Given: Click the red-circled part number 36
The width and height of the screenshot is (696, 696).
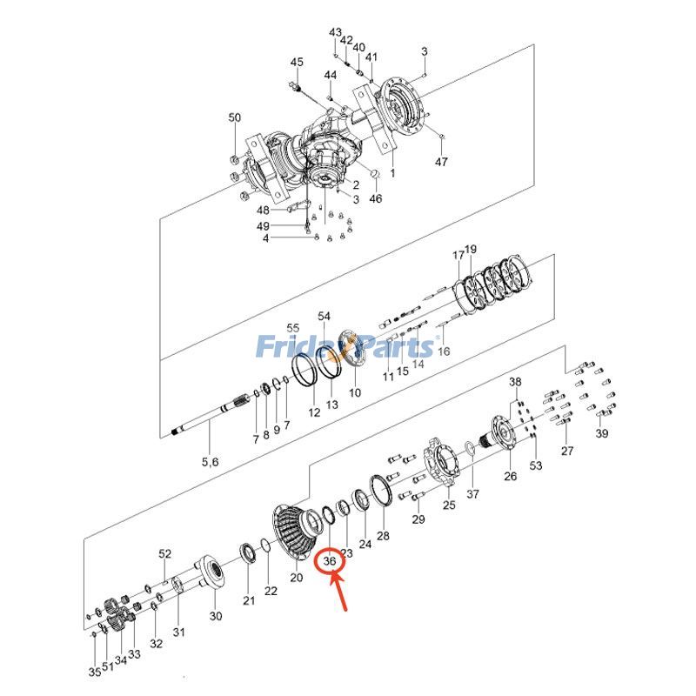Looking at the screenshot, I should pyautogui.click(x=330, y=562).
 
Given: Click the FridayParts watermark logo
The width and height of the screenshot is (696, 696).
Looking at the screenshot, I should pyautogui.click(x=345, y=347).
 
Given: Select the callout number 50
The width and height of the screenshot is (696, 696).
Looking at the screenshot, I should pyautogui.click(x=235, y=117).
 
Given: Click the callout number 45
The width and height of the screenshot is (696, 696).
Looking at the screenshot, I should pyautogui.click(x=297, y=62).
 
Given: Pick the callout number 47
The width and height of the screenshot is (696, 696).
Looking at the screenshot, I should pyautogui.click(x=441, y=162).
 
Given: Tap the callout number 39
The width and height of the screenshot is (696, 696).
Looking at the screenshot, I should pyautogui.click(x=602, y=434).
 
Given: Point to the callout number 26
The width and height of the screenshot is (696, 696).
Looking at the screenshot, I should pyautogui.click(x=510, y=476).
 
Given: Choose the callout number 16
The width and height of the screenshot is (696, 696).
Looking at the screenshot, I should pyautogui.click(x=444, y=351).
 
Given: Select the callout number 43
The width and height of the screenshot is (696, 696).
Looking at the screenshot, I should pyautogui.click(x=335, y=32).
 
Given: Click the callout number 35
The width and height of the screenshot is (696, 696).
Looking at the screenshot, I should pyautogui.click(x=94, y=672).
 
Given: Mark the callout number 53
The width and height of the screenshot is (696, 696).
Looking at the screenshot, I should pyautogui.click(x=536, y=466).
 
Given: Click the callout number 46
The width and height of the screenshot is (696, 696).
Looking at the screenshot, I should pyautogui.click(x=376, y=198).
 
